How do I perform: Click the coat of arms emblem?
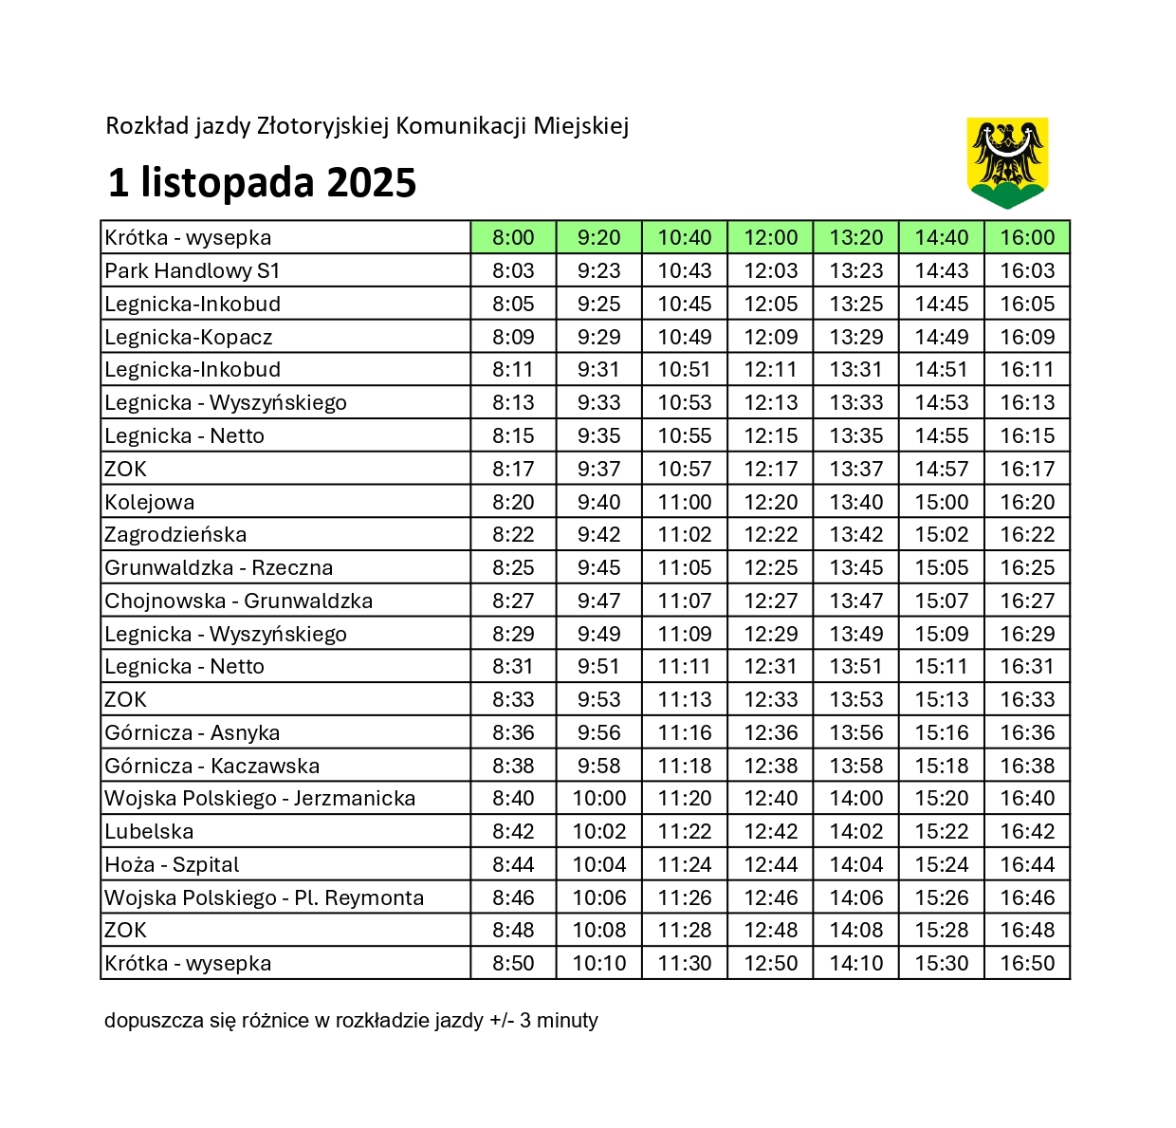pyautogui.click(x=1007, y=162)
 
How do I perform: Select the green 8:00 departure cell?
pyautogui.click(x=513, y=237)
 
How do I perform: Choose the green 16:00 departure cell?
pyautogui.click(x=1027, y=237)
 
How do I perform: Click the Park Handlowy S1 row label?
pyautogui.click(x=193, y=271)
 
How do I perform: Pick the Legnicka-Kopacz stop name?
pyautogui.click(x=189, y=337)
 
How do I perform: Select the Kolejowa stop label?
pyautogui.click(x=150, y=502)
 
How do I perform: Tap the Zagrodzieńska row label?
pyautogui.click(x=175, y=535)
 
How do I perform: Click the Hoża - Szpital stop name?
pyautogui.click(x=172, y=864)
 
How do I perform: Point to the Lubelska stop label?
pyautogui.click(x=149, y=832)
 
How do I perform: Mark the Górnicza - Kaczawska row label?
pyautogui.click(x=212, y=766)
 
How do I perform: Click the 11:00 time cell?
pyautogui.click(x=685, y=502)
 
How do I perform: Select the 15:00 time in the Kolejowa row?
pyautogui.click(x=942, y=502)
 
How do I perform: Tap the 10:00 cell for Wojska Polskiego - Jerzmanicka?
pyautogui.click(x=599, y=799)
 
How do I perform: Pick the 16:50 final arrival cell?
pyautogui.click(x=1027, y=963)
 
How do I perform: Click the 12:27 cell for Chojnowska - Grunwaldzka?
pyautogui.click(x=770, y=601)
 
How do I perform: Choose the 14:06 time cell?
pyautogui.click(x=856, y=897)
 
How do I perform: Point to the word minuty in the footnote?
pyautogui.click(x=567, y=1021)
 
